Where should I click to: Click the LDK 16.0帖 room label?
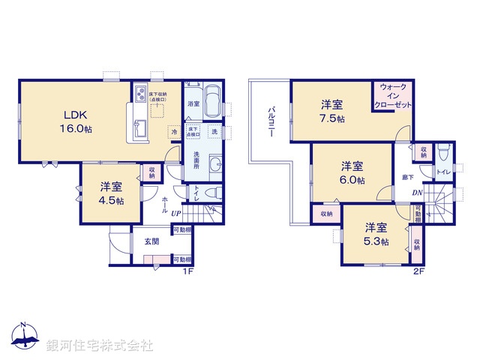pos(76,121)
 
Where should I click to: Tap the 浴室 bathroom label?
pos(193,103)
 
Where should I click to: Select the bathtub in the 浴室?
pos(212,100)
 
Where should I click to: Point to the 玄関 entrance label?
pos(151,241)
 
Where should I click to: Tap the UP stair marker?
pos(176,214)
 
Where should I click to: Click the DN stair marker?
pos(417,192)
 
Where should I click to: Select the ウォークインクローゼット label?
pos(395,96)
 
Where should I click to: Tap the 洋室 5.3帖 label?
pos(376,234)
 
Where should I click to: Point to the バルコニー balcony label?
pos(270,120)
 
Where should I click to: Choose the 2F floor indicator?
pos(418,271)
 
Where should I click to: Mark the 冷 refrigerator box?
pos(173,132)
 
